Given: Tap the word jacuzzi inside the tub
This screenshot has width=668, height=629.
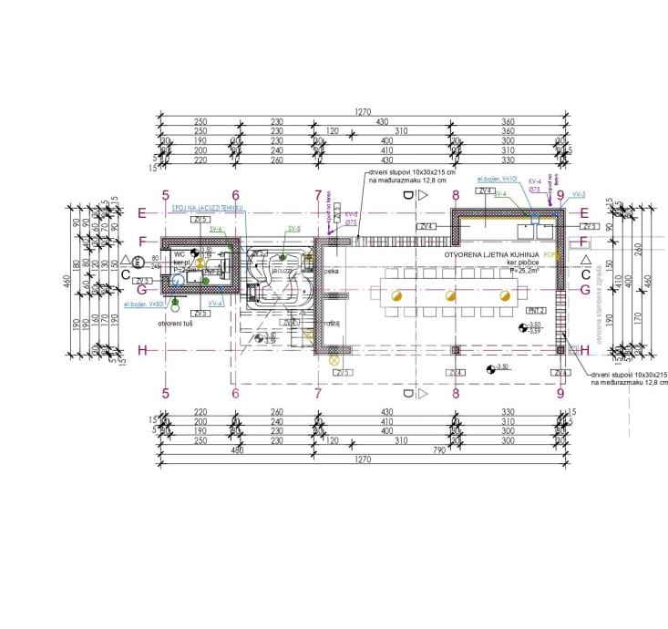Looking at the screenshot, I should (x=280, y=272).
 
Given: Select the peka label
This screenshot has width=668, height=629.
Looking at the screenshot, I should (x=331, y=272).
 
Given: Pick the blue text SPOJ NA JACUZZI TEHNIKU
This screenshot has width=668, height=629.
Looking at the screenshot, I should (x=207, y=207).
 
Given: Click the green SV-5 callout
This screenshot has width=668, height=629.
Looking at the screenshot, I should (x=293, y=228).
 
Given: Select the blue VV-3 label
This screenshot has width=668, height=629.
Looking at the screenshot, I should (x=578, y=195).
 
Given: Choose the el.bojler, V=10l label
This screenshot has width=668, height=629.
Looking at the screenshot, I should (x=498, y=180).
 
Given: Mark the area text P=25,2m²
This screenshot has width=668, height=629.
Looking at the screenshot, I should (x=502, y=271).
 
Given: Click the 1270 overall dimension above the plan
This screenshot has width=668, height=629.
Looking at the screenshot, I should (x=363, y=112).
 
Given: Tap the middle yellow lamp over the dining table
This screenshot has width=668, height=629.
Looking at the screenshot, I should (x=449, y=295).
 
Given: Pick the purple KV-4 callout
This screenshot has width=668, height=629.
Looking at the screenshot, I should (x=535, y=181).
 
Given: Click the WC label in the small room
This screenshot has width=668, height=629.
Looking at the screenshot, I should (x=180, y=254).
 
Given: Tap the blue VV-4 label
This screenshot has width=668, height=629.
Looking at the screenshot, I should (x=215, y=303).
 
